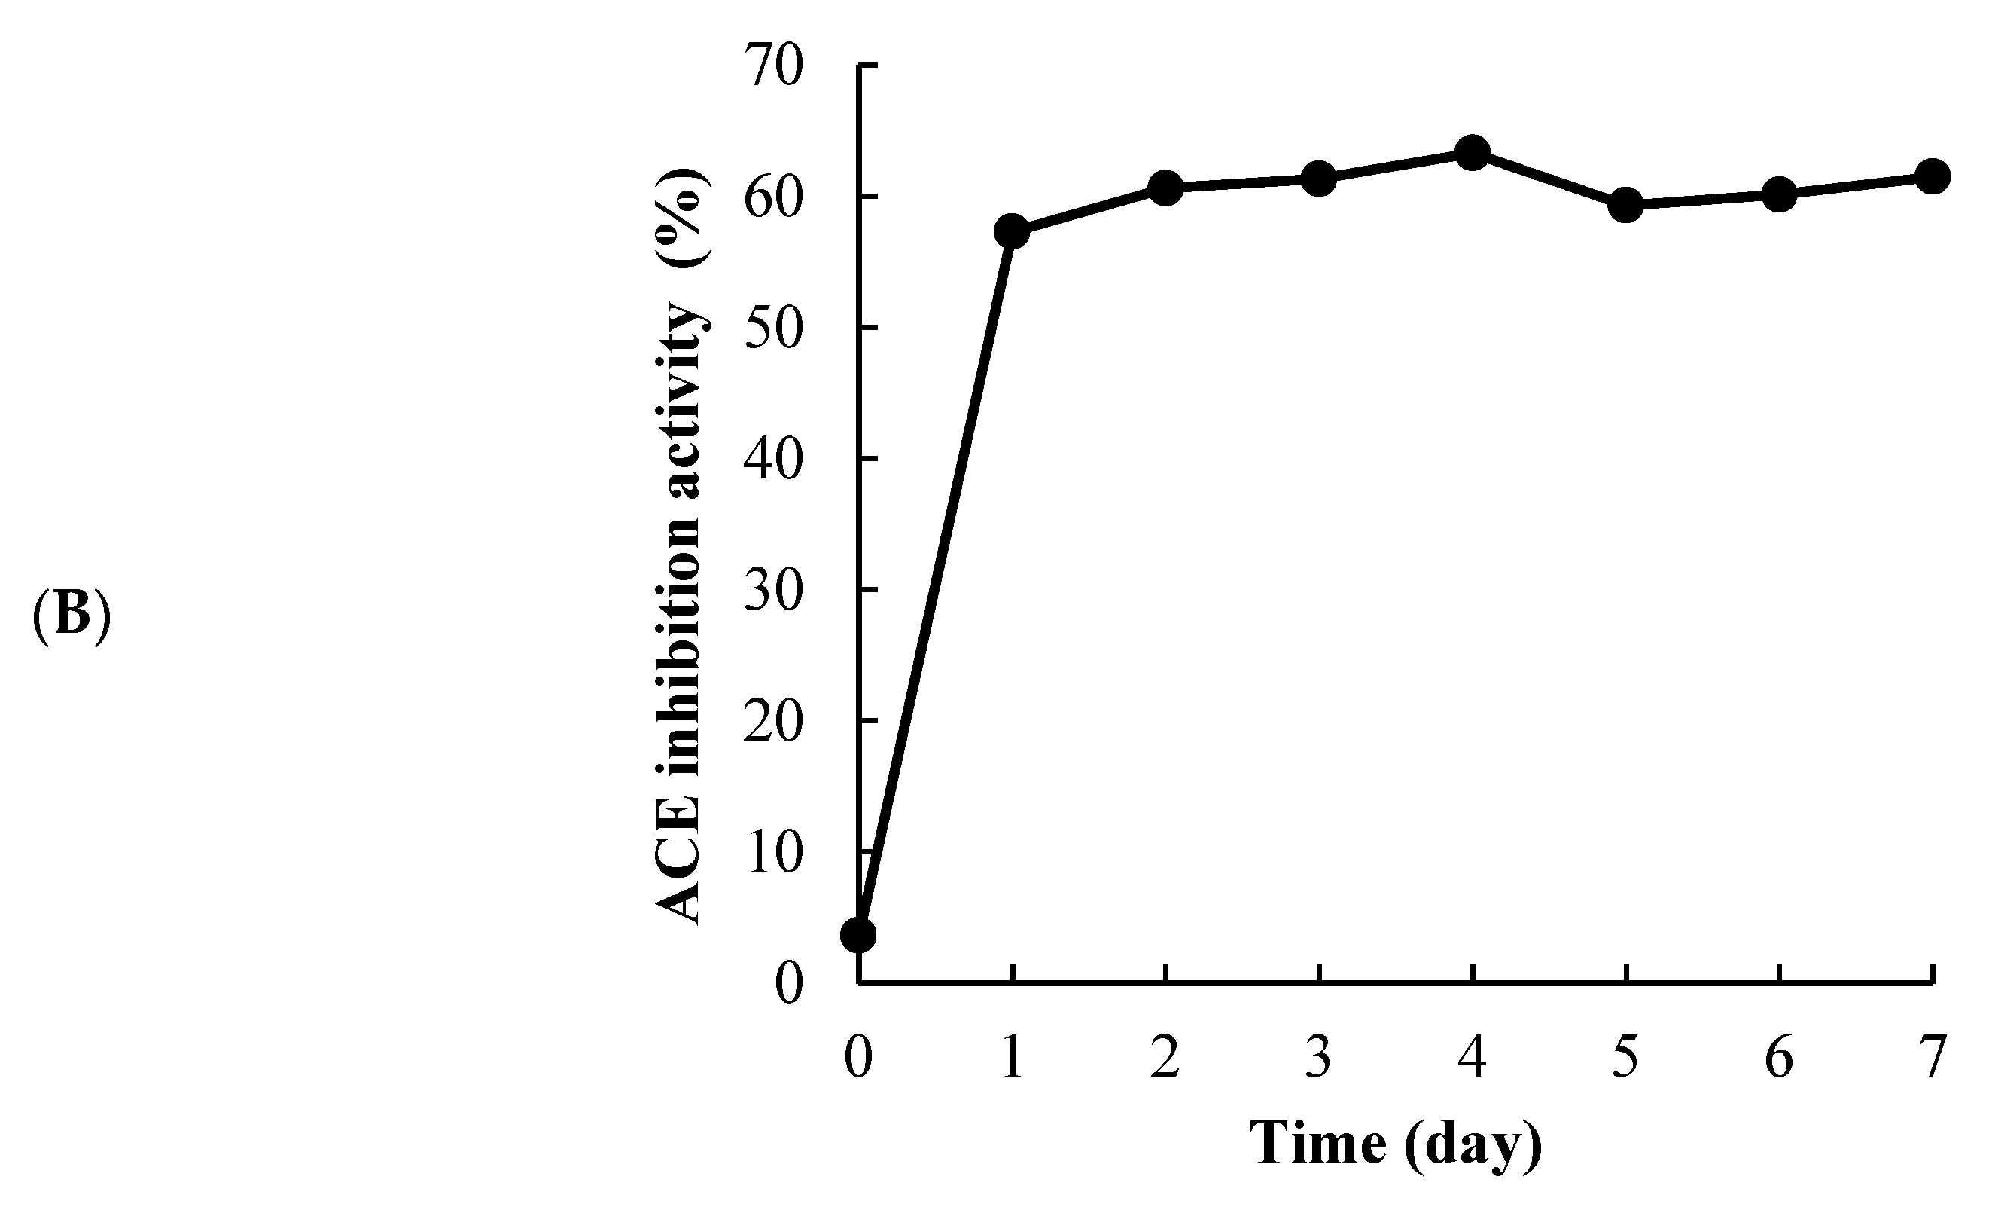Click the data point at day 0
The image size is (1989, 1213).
coord(858,935)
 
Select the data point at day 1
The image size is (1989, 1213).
coord(1012,232)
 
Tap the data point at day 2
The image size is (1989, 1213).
coord(1165,188)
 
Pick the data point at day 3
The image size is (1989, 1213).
coord(1318,179)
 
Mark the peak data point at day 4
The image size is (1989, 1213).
coord(1472,152)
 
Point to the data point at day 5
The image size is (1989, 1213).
coord(1625,205)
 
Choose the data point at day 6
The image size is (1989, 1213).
coord(1778,194)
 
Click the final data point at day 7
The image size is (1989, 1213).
coord(1932,176)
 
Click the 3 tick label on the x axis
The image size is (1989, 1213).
coord(1318,1057)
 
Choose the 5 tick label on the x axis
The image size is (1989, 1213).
coord(1625,1057)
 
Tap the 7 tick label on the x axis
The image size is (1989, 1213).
coord(1932,1057)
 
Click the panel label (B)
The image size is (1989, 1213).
coord(71,616)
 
